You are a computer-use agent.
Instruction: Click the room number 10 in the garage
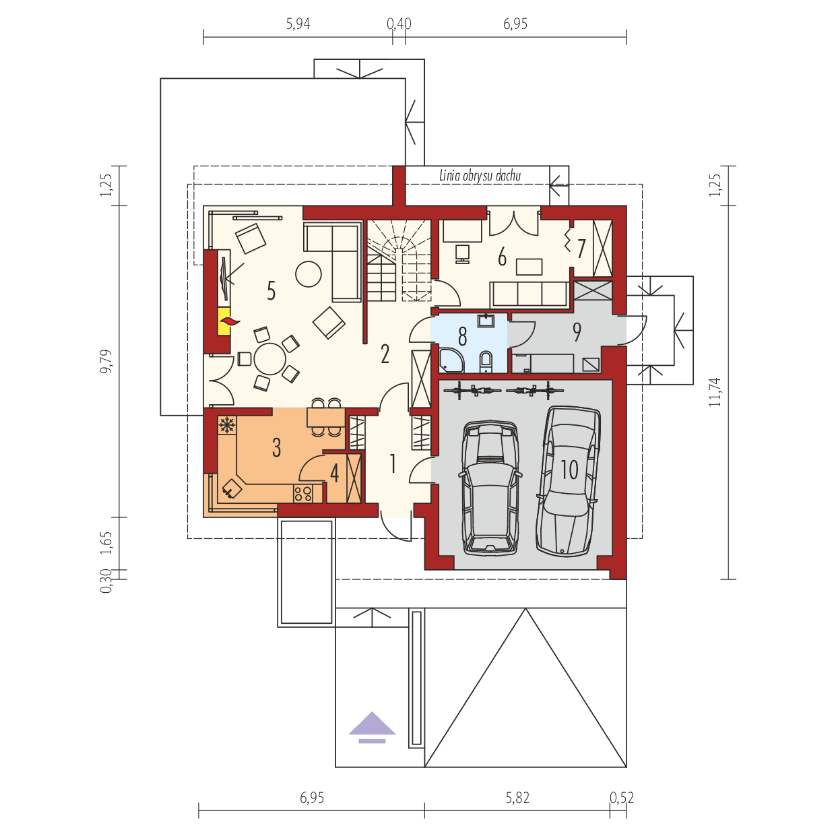click(x=569, y=470)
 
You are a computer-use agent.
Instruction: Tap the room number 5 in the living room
click(x=271, y=291)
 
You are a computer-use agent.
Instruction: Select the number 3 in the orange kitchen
click(x=276, y=448)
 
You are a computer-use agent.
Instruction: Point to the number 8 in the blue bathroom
click(x=463, y=337)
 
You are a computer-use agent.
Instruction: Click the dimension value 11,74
click(x=715, y=391)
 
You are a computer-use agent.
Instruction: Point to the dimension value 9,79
click(x=107, y=361)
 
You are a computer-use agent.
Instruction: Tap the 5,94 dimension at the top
click(x=298, y=25)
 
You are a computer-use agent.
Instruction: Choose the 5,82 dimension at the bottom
click(x=517, y=798)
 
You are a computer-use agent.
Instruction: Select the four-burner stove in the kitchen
click(x=303, y=494)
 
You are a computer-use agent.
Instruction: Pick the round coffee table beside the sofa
click(x=309, y=274)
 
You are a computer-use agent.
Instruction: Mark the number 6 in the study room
click(x=502, y=257)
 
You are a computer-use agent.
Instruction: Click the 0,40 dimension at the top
click(x=399, y=25)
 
